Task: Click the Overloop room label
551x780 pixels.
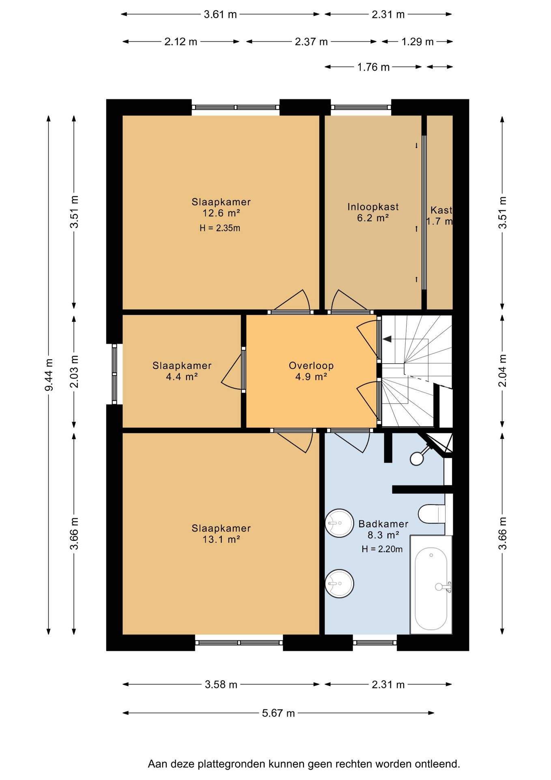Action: point(311,366)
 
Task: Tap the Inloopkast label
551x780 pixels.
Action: point(373,207)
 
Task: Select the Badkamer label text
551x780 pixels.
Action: point(383,524)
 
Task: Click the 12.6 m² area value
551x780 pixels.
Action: point(221,213)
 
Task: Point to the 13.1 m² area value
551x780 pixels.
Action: point(221,539)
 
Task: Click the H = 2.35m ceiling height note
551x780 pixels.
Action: point(220,228)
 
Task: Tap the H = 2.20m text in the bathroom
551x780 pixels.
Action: point(382,549)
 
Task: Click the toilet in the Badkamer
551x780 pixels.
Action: point(432,514)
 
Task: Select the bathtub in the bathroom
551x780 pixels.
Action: point(431,585)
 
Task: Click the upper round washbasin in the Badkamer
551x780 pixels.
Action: point(339,523)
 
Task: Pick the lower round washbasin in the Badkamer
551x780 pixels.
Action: point(339,584)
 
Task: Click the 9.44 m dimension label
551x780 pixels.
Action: point(49,375)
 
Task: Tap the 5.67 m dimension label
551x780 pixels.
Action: point(278,713)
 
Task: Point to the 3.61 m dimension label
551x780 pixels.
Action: point(220,15)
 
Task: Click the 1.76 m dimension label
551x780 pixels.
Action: point(373,67)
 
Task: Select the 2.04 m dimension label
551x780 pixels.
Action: point(502,371)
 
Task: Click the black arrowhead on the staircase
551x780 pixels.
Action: point(387,339)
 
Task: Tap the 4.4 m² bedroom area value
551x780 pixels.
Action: point(182,377)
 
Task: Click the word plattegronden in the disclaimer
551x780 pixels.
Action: point(232,764)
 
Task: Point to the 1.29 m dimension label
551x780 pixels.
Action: point(418,42)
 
